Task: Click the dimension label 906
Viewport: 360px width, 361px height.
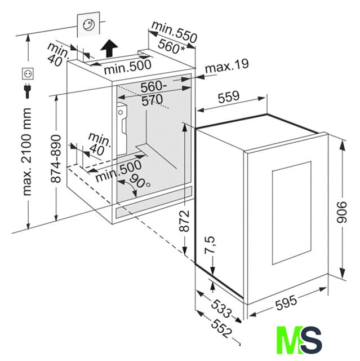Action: [x=341, y=212]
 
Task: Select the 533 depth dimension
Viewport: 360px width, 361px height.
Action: [x=221, y=309]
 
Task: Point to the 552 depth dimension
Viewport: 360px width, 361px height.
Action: [x=221, y=329]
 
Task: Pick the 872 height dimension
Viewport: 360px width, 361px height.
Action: [x=184, y=221]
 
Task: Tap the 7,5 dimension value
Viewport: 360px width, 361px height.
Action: [x=210, y=245]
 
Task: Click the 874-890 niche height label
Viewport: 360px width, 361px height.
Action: [x=56, y=159]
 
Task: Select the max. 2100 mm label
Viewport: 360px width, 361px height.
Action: [x=26, y=152]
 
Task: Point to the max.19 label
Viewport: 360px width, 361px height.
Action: [x=226, y=66]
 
